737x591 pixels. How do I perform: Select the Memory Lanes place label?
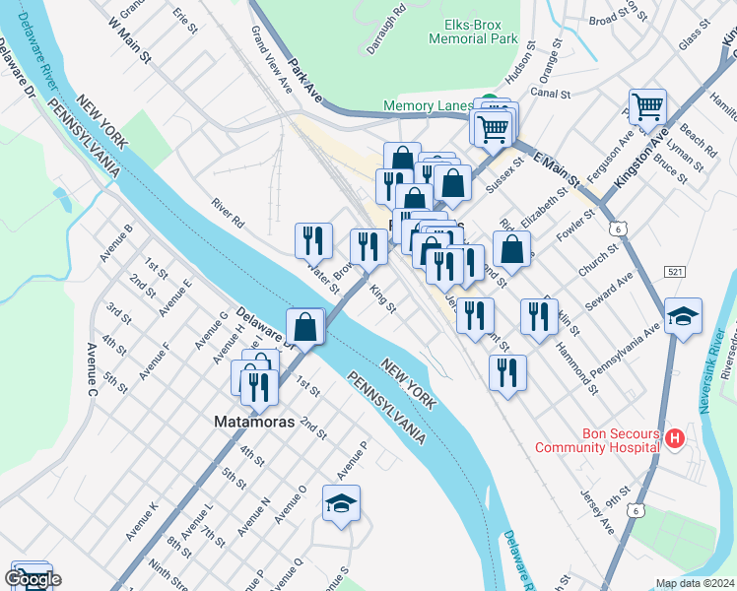[431, 105]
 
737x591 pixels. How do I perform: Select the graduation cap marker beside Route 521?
[683, 316]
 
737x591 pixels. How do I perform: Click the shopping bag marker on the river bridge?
[305, 326]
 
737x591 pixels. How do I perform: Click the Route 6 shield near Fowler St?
[617, 228]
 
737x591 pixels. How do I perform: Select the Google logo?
[33, 579]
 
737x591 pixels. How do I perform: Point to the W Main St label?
[130, 43]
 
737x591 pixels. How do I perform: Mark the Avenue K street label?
[141, 521]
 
